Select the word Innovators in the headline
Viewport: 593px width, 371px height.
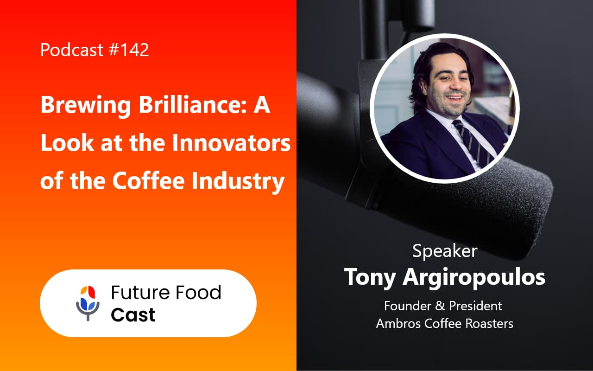coord(231,144)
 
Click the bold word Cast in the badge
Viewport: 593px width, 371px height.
coord(133,315)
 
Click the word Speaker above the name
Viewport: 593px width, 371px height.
coord(445,251)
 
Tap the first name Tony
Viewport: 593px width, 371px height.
coord(368,277)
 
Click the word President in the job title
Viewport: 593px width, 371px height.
coord(477,306)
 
